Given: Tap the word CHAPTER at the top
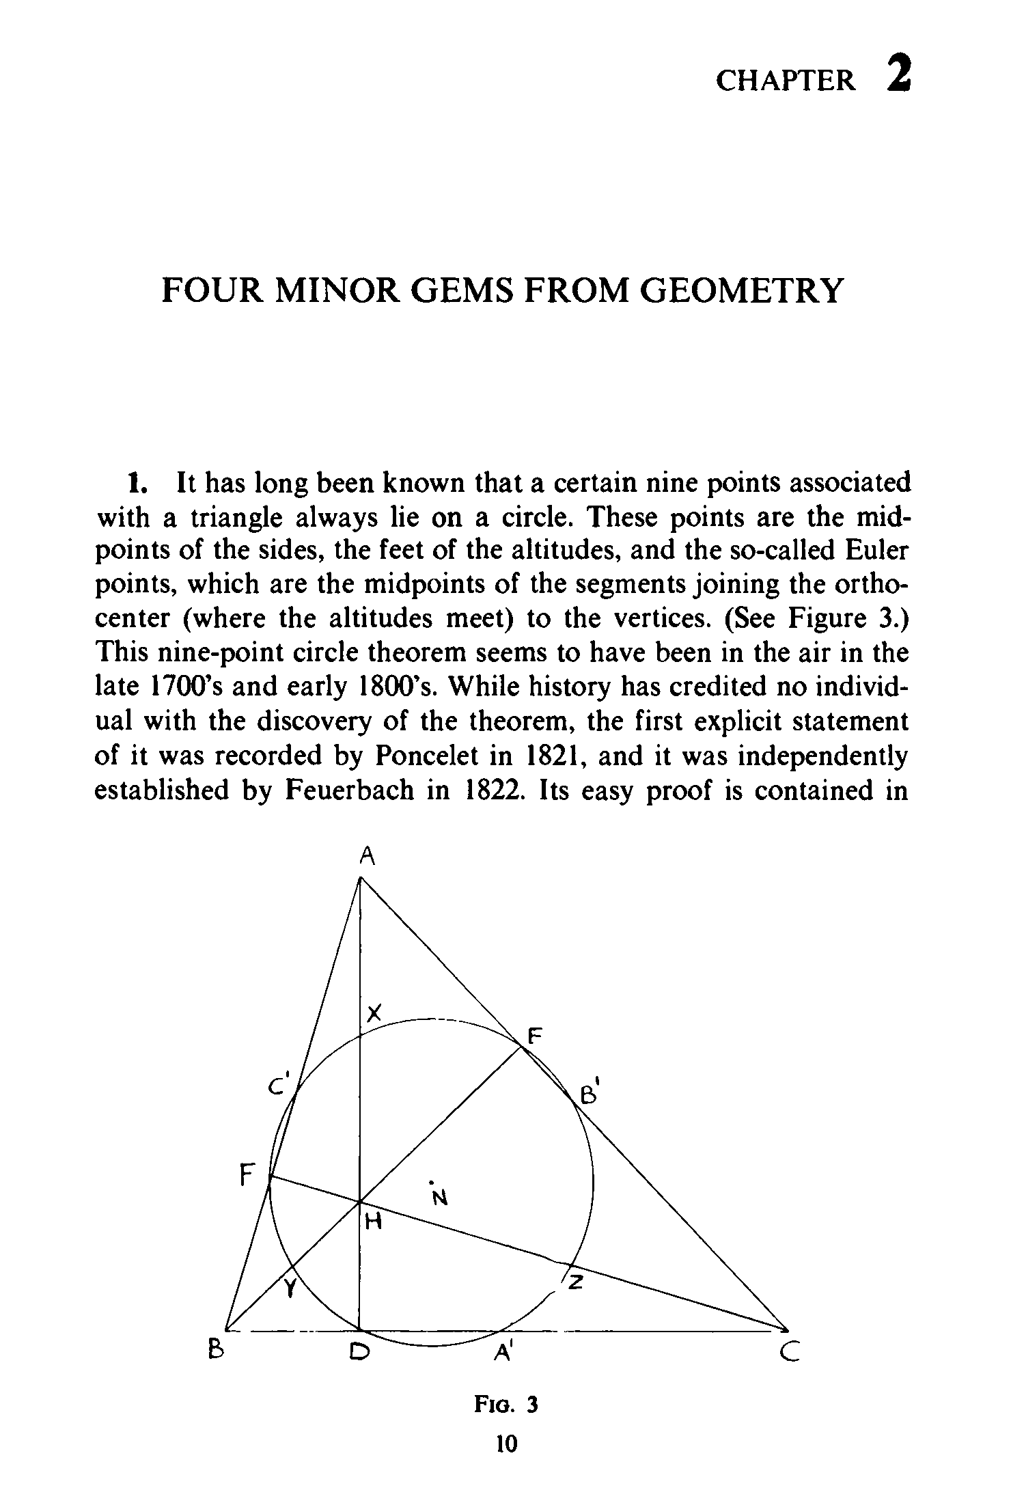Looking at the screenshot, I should pyautogui.click(x=785, y=81).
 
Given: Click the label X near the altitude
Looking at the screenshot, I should pyautogui.click(x=373, y=1012).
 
